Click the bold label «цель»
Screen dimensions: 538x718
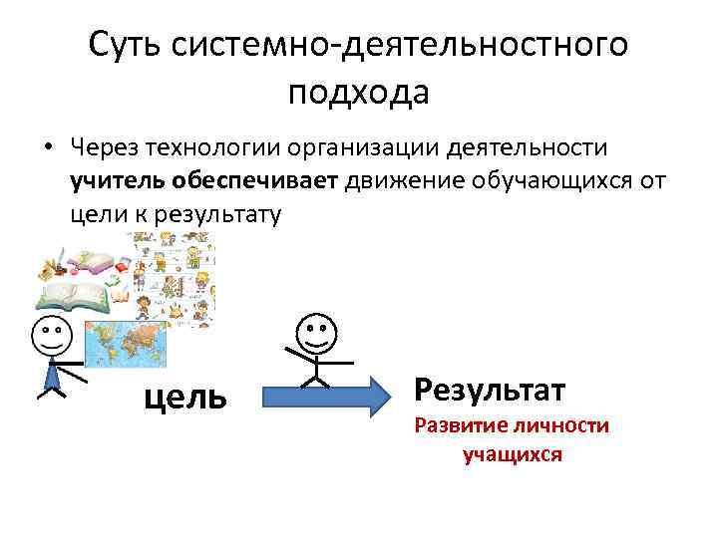pyautogui.click(x=185, y=398)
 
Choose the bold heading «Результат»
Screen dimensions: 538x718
pyautogui.click(x=490, y=388)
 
